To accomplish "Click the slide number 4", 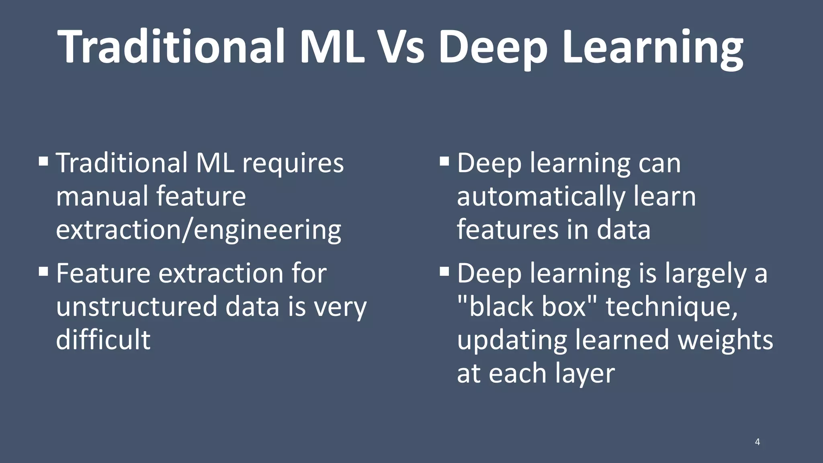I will click(757, 442).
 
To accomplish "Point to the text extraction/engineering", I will click(199, 231).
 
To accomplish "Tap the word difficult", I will click(103, 340).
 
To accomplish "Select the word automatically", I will click(541, 197).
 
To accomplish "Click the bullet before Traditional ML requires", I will click(43, 162).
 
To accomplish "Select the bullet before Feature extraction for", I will click(43, 272).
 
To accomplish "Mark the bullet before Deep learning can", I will click(444, 162).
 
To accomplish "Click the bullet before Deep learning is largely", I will click(444, 272).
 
